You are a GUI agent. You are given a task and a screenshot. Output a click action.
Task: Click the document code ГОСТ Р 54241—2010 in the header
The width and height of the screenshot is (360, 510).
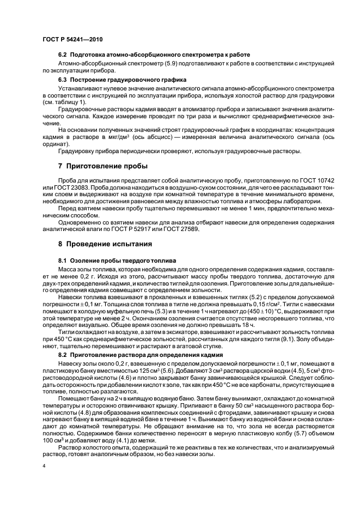(72, 40)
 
